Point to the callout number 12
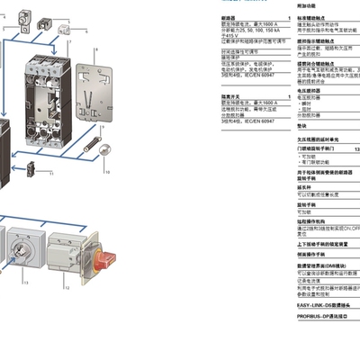(67, 288)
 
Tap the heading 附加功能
(305, 4)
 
